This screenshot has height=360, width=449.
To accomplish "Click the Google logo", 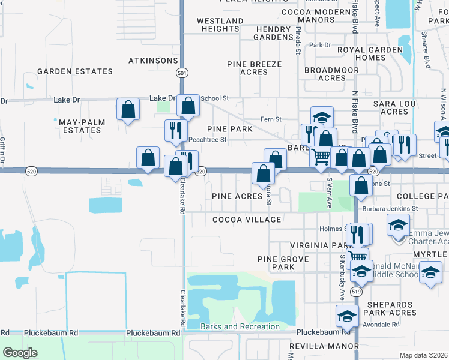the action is point(20,352).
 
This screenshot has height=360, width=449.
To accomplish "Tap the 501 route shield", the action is point(181,73).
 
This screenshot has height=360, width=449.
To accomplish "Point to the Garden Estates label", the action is point(75,71).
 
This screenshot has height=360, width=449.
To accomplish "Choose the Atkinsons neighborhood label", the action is point(154,61).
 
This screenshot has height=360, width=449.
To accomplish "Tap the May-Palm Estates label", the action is point(82,126).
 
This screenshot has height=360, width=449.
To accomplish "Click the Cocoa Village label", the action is point(247,220).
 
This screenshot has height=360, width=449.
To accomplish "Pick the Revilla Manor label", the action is point(324,347).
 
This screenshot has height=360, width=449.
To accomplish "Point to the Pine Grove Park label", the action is point(283,262).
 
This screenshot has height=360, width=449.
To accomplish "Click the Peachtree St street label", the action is point(207,140).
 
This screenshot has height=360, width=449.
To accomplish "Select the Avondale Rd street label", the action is point(382,325).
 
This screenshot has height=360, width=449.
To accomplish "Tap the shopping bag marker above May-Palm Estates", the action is point(128,109).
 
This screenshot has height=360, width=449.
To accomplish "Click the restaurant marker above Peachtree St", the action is point(176,130).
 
